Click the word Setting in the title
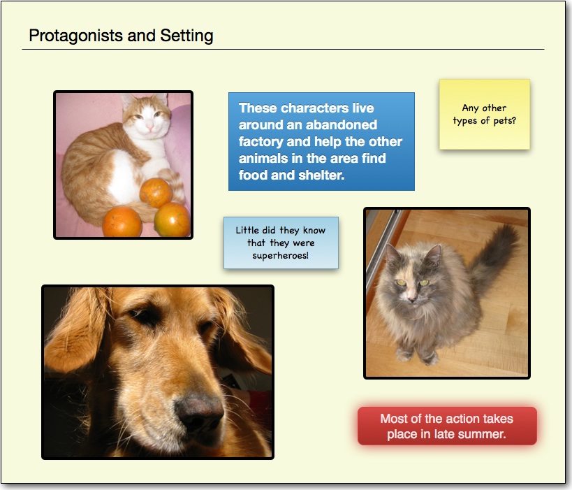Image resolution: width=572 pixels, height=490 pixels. [x=186, y=36]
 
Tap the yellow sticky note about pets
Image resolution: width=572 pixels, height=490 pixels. [x=485, y=114]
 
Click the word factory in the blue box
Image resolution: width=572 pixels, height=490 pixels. [x=261, y=142]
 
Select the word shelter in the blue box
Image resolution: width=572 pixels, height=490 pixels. [x=321, y=175]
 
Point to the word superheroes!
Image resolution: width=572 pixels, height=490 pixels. [x=281, y=256]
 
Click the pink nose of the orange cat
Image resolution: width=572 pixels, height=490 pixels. [x=149, y=127]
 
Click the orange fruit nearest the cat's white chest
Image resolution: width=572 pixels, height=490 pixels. [x=156, y=192]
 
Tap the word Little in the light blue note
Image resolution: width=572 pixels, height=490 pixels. [x=247, y=231]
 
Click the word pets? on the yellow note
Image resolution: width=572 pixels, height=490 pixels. [x=505, y=121]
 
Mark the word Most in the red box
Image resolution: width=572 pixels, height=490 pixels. [x=393, y=419]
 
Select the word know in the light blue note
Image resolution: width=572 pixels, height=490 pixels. [x=314, y=231]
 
